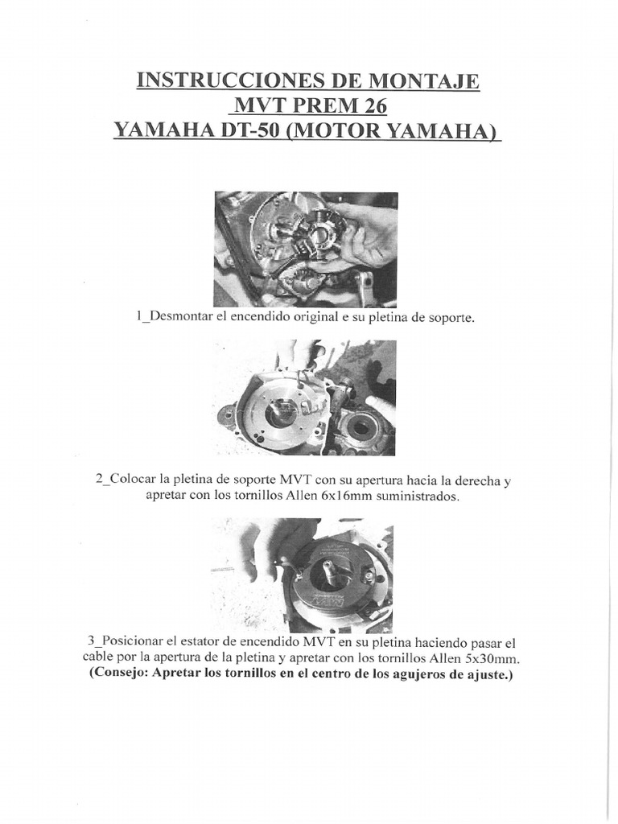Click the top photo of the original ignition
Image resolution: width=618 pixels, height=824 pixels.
[x=306, y=249]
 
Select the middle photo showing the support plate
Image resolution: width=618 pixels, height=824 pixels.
[x=306, y=397]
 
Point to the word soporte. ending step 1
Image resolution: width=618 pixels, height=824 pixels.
[x=451, y=317]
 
